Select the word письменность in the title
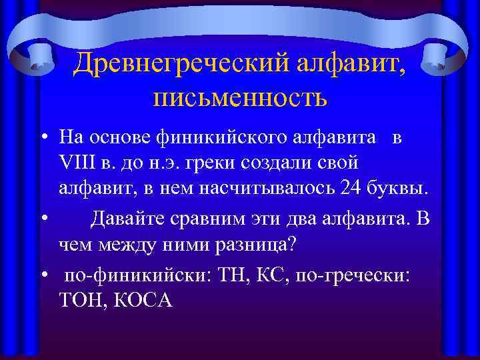pyautogui.click(x=239, y=98)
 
